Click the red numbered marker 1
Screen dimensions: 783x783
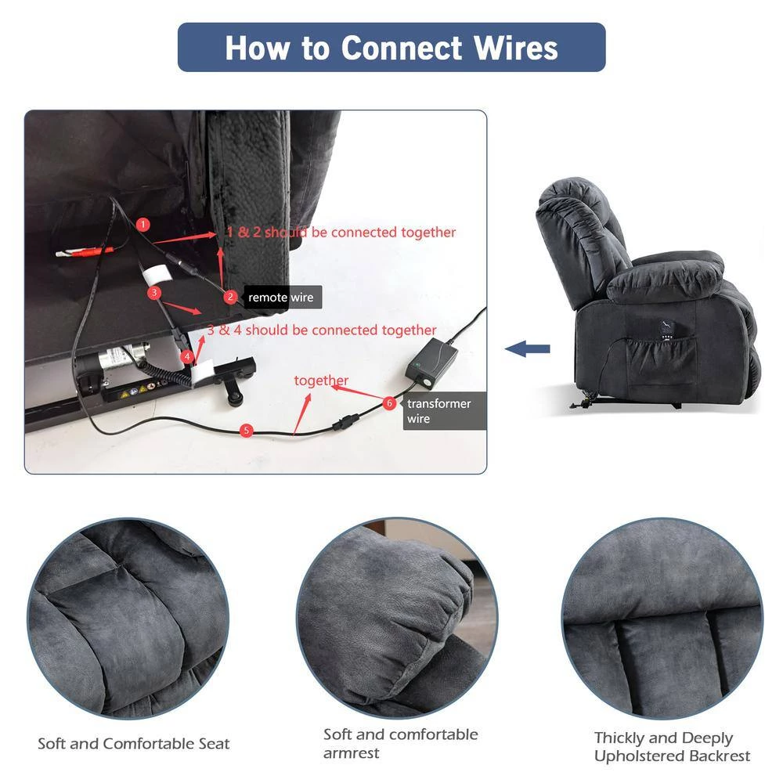[x=143, y=224]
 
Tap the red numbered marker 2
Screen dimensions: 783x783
[x=230, y=297]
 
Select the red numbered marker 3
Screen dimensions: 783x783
[x=154, y=293]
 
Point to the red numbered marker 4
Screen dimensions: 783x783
[x=187, y=356]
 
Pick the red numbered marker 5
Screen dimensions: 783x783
[x=246, y=431]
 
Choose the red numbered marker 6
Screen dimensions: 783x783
[x=389, y=403]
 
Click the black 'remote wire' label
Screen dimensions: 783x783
[x=282, y=297]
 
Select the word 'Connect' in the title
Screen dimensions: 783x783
[x=402, y=48]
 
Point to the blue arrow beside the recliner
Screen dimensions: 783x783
[x=527, y=348]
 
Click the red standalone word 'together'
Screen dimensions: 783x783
[x=321, y=381]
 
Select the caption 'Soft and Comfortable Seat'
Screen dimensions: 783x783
[x=134, y=744]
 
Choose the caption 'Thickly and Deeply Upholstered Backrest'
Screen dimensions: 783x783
[x=672, y=746]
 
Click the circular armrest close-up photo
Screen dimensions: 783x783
[x=397, y=618]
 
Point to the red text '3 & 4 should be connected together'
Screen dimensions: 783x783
[x=322, y=330]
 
